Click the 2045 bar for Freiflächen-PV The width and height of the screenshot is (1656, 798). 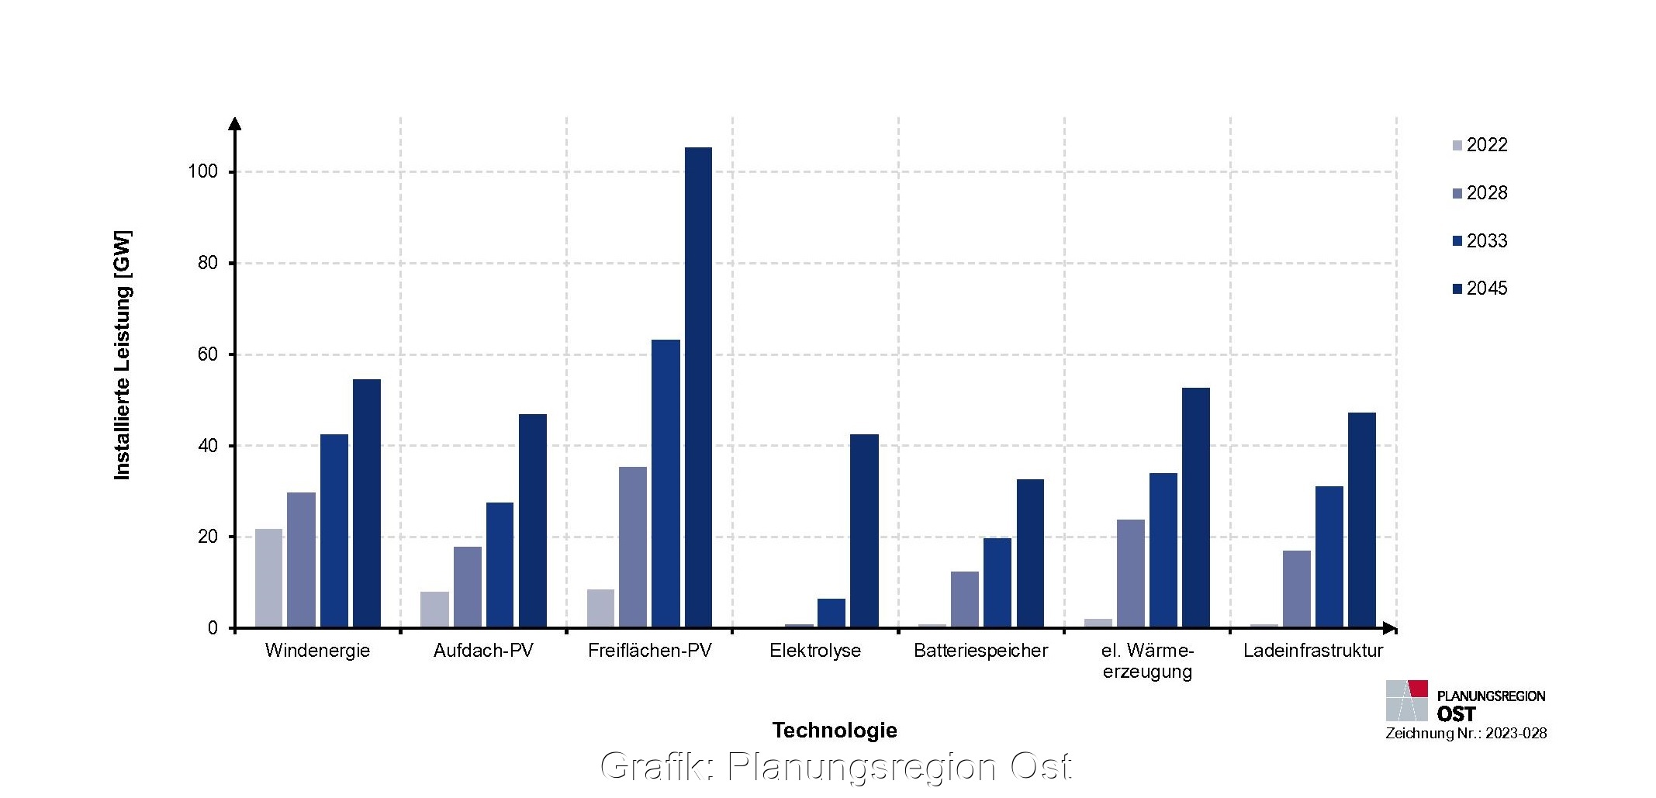(x=698, y=388)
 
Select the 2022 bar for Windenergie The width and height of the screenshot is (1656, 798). (x=268, y=579)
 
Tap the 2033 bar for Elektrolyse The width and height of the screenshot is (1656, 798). (x=831, y=613)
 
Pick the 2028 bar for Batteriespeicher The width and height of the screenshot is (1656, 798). (x=964, y=599)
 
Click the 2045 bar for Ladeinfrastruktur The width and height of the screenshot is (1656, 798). (x=1361, y=520)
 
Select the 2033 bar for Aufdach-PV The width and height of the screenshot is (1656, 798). (x=500, y=565)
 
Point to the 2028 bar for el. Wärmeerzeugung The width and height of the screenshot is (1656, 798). (x=1130, y=574)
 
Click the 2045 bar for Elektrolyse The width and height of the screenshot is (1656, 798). (x=864, y=531)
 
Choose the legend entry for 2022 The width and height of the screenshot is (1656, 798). (x=1480, y=145)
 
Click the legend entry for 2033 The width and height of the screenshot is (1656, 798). (x=1480, y=241)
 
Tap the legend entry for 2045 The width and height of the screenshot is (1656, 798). (x=1480, y=288)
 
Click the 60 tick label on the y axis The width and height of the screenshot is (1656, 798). (x=208, y=354)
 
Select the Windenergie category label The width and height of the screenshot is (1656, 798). (x=317, y=651)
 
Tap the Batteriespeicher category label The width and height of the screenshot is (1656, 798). (x=980, y=651)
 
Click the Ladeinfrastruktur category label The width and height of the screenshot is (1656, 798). (x=1312, y=651)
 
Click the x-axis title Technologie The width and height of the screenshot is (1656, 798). (x=835, y=731)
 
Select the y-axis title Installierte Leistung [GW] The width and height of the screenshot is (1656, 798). (x=123, y=355)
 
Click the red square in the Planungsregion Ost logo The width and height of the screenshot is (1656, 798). (x=1418, y=689)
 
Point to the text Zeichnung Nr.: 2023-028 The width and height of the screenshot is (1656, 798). (x=1466, y=734)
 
